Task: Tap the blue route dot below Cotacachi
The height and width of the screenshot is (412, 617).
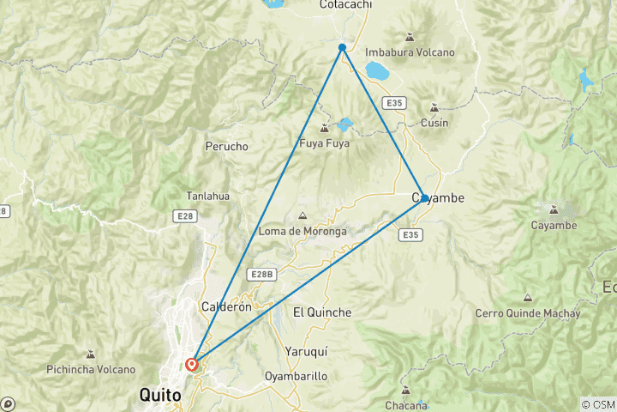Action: point(342,47)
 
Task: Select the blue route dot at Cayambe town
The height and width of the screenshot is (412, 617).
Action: point(424,198)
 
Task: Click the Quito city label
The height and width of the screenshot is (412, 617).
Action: point(160,396)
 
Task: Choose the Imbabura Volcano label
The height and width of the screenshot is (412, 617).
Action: point(410,52)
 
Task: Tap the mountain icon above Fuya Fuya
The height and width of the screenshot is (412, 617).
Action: point(323,128)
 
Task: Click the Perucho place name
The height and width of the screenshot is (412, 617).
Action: point(227,147)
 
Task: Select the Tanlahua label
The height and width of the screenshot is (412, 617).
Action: point(208,196)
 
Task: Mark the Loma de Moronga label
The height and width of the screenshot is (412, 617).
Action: point(303,232)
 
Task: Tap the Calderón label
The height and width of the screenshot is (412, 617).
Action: point(226,306)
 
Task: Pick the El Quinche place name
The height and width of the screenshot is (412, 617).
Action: point(322,312)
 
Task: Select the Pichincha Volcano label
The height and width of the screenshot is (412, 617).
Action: point(92,370)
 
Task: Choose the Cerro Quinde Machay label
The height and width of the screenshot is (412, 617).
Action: point(528,313)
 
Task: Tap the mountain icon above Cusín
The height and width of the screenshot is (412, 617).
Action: point(434,107)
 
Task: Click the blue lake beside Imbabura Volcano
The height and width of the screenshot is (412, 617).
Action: point(376,70)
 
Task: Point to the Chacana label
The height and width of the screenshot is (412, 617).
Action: point(406,405)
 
